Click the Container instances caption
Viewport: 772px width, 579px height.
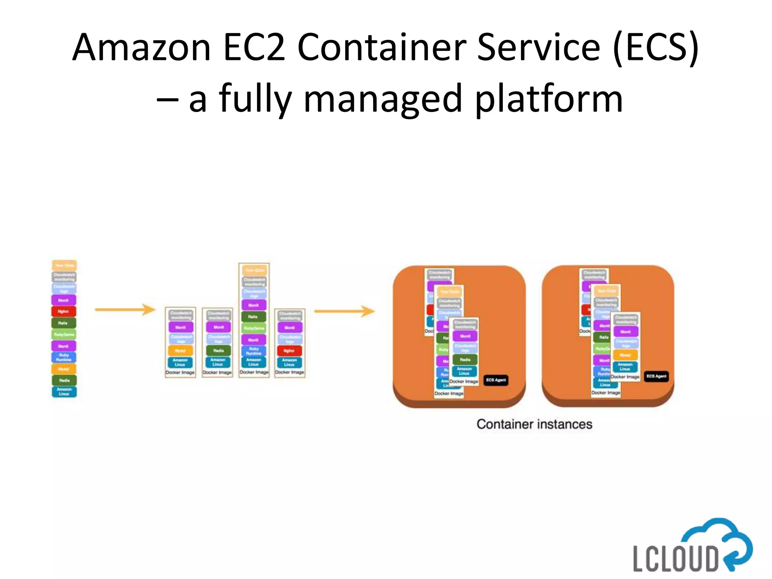click(x=534, y=424)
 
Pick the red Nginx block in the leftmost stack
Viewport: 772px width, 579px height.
click(x=64, y=311)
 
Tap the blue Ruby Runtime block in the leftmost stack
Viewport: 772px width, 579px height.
click(x=64, y=357)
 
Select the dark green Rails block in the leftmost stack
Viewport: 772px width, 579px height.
click(x=64, y=323)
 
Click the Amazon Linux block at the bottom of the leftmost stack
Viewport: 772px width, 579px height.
click(x=64, y=392)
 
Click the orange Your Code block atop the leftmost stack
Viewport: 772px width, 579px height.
click(x=64, y=265)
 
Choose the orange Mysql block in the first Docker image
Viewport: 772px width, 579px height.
click(x=180, y=351)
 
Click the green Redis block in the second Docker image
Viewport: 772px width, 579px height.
click(x=218, y=351)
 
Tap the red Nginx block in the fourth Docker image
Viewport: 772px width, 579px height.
click(x=289, y=351)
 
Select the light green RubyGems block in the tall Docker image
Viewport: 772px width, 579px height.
click(x=254, y=328)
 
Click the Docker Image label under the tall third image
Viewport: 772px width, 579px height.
click(x=254, y=372)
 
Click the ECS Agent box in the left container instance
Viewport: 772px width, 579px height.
click(x=496, y=380)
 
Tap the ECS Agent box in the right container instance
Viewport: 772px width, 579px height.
click(x=656, y=376)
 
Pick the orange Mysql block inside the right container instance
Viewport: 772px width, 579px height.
click(x=625, y=355)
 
